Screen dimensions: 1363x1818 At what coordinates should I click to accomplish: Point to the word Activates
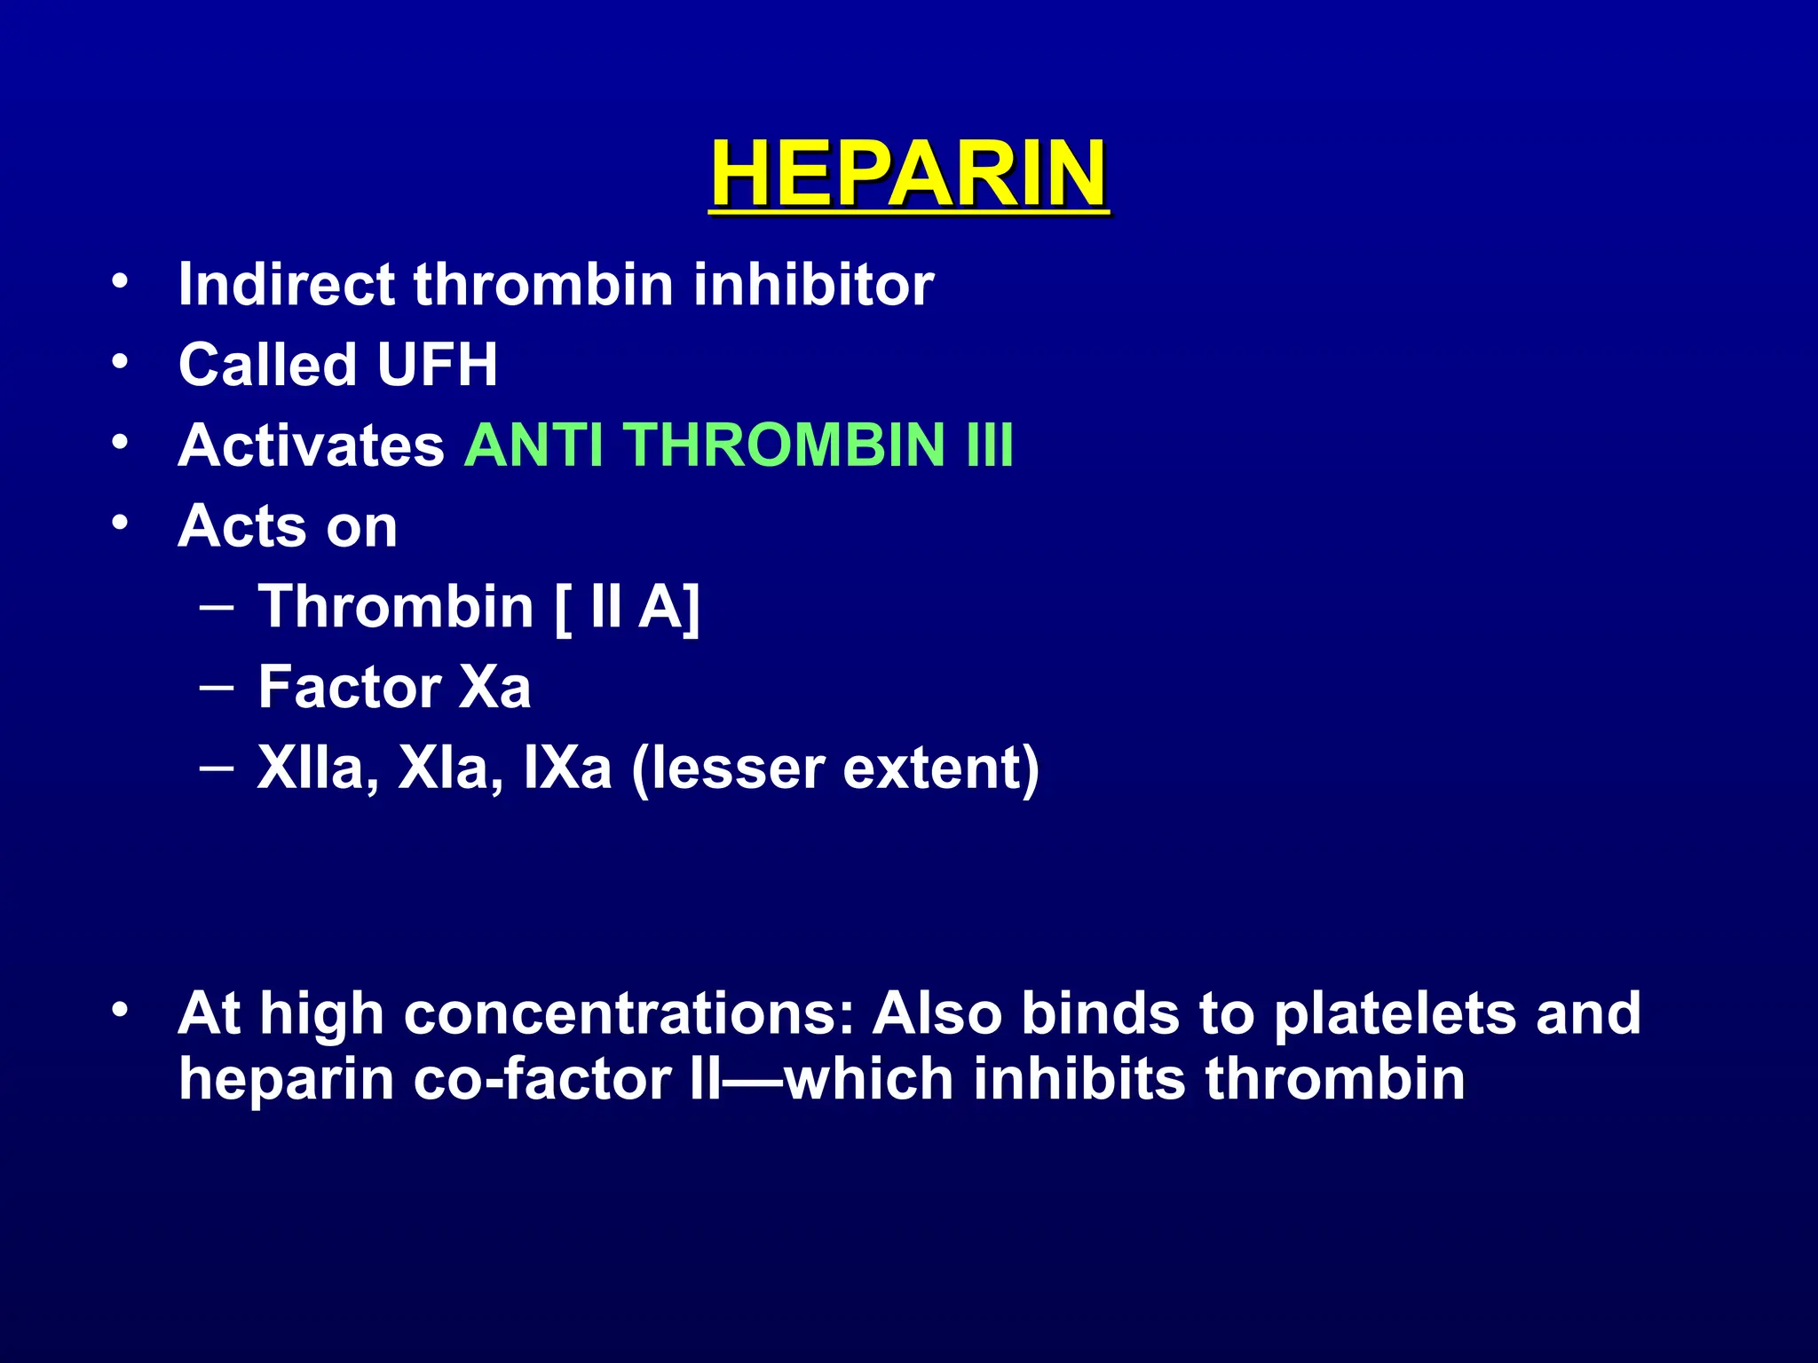(311, 445)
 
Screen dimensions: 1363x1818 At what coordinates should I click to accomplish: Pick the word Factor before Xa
(349, 688)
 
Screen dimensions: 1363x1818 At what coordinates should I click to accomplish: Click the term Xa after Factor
(494, 688)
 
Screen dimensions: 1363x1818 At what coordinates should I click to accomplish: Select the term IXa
(567, 768)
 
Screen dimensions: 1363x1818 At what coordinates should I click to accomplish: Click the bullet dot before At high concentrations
(121, 1010)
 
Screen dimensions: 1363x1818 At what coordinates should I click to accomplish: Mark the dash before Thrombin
(217, 609)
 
